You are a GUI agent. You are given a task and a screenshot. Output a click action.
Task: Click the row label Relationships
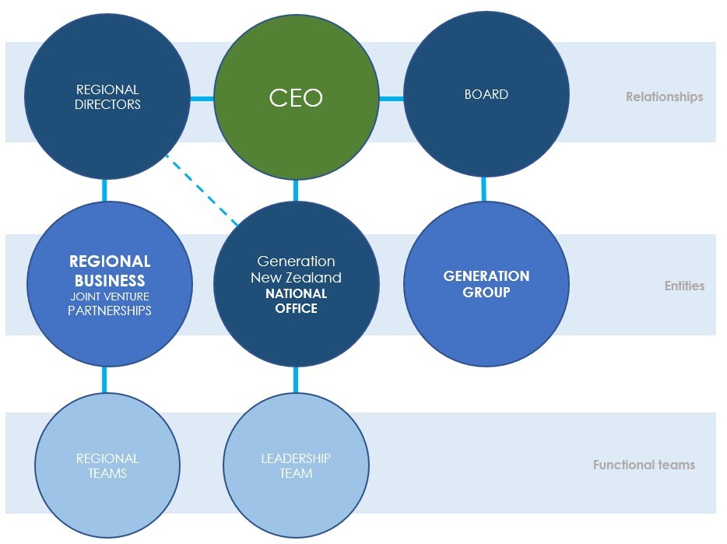tap(664, 97)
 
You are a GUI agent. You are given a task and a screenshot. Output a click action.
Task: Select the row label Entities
tap(684, 286)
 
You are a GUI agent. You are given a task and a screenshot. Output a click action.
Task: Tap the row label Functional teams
tap(644, 465)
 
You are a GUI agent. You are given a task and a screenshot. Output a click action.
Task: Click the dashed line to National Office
tap(202, 190)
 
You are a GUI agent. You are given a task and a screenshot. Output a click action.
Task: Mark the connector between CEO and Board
tap(391, 99)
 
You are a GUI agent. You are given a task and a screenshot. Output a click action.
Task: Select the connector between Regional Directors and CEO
tap(202, 99)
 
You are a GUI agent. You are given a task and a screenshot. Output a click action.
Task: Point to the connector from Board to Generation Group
tap(484, 189)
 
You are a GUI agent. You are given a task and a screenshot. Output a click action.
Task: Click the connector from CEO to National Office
tap(296, 190)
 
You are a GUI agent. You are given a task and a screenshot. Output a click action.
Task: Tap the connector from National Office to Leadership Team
tap(296, 379)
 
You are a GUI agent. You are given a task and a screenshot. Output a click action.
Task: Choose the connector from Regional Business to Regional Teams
tap(104, 379)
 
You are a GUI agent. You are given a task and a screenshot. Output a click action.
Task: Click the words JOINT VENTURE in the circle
tap(110, 296)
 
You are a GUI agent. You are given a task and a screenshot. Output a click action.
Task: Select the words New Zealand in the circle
tap(296, 277)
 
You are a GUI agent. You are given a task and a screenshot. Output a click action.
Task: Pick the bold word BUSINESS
tap(110, 280)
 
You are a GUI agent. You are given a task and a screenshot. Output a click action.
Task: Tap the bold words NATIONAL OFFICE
tap(296, 301)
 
